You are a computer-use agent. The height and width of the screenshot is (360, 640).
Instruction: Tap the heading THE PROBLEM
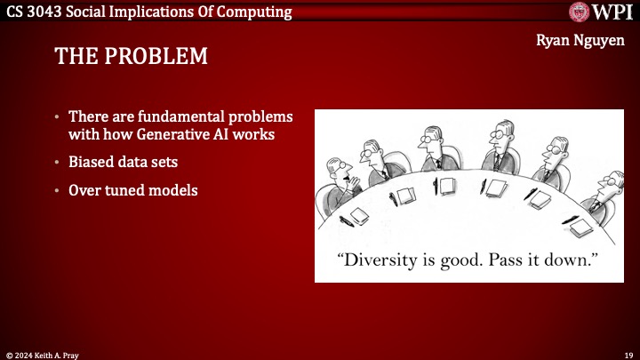point(131,57)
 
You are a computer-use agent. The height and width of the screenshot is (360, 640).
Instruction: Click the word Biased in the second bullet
point(91,163)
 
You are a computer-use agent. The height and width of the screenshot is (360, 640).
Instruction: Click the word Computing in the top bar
point(253,12)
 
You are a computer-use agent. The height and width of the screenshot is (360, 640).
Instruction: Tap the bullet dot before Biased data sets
point(58,163)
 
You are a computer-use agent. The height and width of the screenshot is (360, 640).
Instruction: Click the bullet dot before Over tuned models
point(58,190)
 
